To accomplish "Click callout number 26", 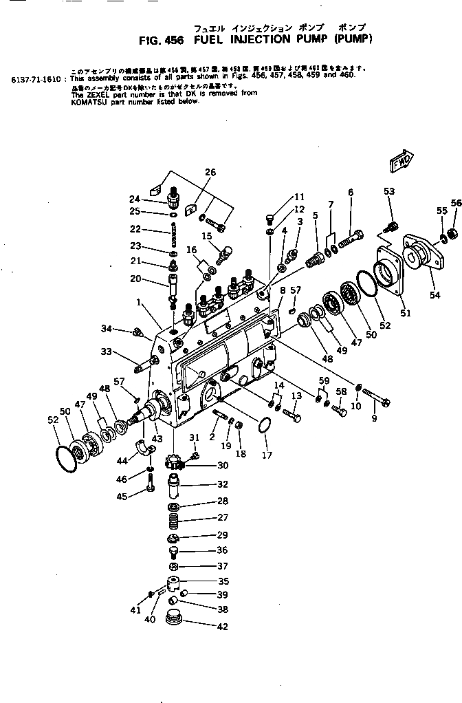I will (x=210, y=172).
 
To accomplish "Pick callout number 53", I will (x=389, y=191).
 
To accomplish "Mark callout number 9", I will (x=375, y=418).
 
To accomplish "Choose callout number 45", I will (x=122, y=497).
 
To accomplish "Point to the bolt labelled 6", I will (x=350, y=242).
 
